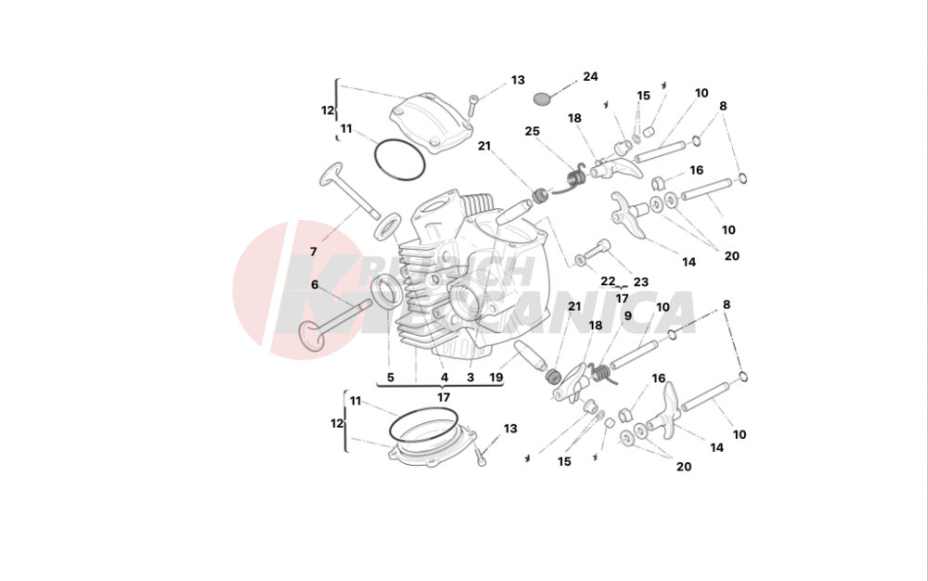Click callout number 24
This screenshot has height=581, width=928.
[x=590, y=76]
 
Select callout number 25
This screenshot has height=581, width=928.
[x=532, y=131]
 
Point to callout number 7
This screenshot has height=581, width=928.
[x=313, y=252]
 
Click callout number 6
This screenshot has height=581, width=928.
[x=315, y=284]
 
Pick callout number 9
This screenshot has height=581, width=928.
[x=627, y=316]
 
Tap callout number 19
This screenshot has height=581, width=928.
[x=496, y=378]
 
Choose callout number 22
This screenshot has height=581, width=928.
[x=608, y=280]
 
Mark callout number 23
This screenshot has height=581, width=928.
[x=640, y=282]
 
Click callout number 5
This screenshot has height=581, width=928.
[x=390, y=378]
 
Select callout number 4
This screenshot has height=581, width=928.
[x=445, y=378]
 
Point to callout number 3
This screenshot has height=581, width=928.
[x=470, y=378]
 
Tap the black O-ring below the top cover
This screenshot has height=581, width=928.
[x=399, y=160]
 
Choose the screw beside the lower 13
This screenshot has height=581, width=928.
[x=481, y=455]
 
